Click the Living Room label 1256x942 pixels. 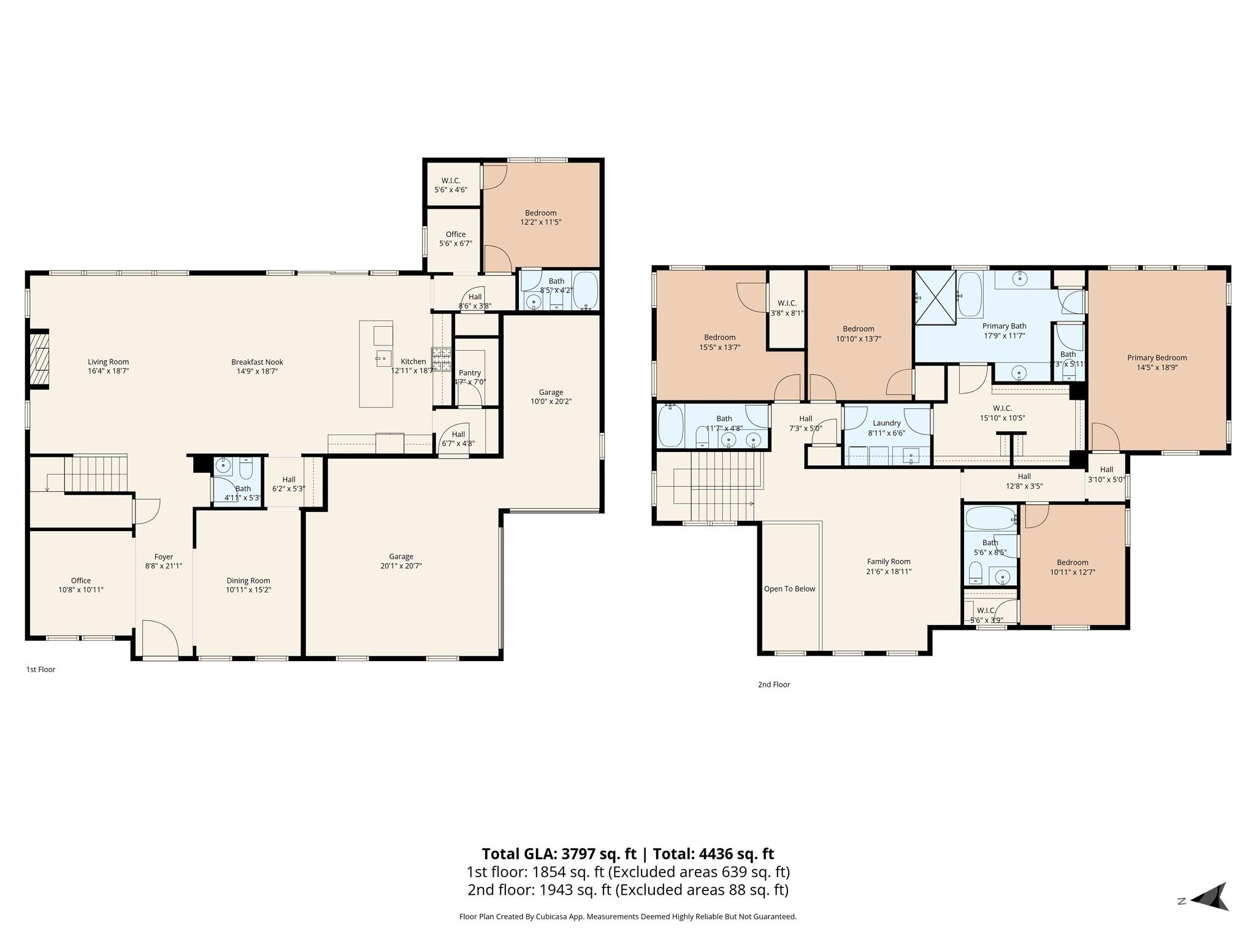(108, 362)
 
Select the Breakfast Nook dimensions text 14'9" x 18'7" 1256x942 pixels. (257, 371)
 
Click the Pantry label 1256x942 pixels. (470, 372)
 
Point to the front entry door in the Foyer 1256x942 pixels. (159, 640)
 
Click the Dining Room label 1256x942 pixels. (248, 580)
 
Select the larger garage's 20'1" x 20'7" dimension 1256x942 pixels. (400, 566)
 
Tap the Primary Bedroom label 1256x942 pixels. (1157, 358)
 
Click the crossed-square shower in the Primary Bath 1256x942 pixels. (935, 297)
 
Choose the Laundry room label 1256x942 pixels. (886, 423)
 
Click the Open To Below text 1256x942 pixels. (789, 589)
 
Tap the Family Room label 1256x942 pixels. (888, 561)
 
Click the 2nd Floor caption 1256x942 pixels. (773, 684)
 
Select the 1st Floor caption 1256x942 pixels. (40, 669)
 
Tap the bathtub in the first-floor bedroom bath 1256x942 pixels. (585, 290)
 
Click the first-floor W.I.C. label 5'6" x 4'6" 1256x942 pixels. (451, 185)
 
